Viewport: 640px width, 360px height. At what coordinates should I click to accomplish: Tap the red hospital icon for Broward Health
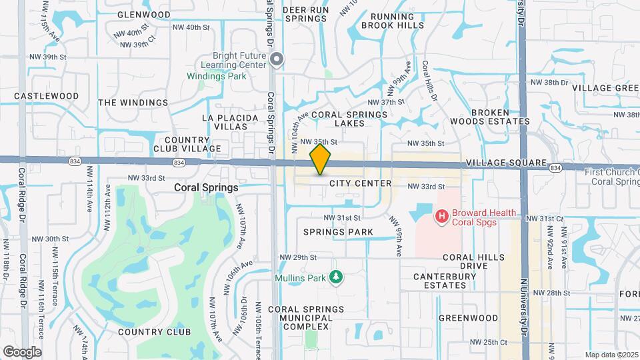pyautogui.click(x=441, y=216)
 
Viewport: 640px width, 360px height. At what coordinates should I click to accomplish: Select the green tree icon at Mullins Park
pyautogui.click(x=337, y=277)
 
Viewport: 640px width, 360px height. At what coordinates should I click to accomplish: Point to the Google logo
pyautogui.click(x=22, y=352)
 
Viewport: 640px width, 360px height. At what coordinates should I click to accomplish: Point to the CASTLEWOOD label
pyautogui.click(x=46, y=96)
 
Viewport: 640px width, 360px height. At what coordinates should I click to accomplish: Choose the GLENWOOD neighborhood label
pyautogui.click(x=143, y=14)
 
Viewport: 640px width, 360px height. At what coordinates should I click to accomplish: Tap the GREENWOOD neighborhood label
pyautogui.click(x=468, y=318)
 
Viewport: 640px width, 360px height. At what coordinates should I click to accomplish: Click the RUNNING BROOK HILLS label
pyautogui.click(x=393, y=21)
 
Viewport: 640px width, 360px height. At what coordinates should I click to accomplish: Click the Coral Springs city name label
pyautogui.click(x=206, y=188)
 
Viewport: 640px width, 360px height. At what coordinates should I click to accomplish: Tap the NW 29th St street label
pyautogui.click(x=297, y=257)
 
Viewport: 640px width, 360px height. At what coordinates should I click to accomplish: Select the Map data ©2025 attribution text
pyautogui.click(x=611, y=355)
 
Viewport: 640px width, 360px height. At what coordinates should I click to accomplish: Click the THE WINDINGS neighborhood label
pyautogui.click(x=133, y=103)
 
